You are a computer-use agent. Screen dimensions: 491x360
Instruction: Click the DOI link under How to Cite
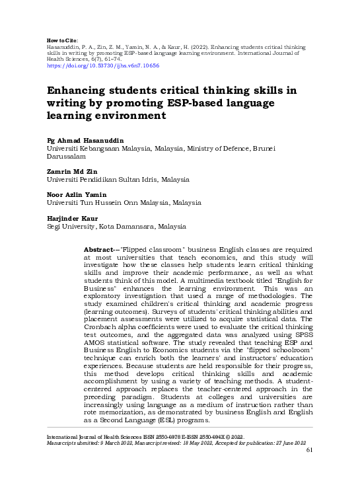102,66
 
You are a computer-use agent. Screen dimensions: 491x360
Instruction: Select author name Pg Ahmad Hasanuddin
85,141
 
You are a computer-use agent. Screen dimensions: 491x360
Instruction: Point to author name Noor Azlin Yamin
77,194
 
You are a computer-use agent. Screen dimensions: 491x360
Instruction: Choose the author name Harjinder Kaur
71,218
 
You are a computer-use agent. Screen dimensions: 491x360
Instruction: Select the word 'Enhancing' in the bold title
79,90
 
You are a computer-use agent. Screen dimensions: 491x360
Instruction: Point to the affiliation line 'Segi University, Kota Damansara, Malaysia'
116,226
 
